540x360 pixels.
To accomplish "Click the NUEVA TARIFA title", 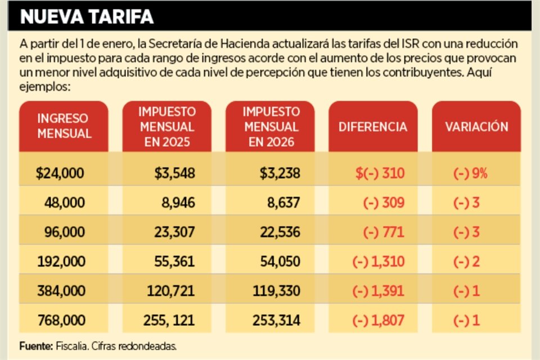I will click(x=87, y=17).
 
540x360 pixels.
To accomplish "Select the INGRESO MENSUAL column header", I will click(x=64, y=126).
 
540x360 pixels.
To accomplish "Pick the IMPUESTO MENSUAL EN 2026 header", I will click(x=272, y=126).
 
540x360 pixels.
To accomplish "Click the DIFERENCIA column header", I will click(x=372, y=127).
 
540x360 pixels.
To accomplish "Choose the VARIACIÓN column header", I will click(x=476, y=127).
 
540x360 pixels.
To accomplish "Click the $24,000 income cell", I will click(x=60, y=173).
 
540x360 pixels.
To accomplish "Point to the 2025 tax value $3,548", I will click(x=175, y=173).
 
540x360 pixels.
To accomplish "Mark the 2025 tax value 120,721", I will click(x=170, y=291).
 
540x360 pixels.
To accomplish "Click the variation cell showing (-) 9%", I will click(x=470, y=173).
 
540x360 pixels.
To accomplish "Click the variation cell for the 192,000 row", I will click(x=466, y=262).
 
